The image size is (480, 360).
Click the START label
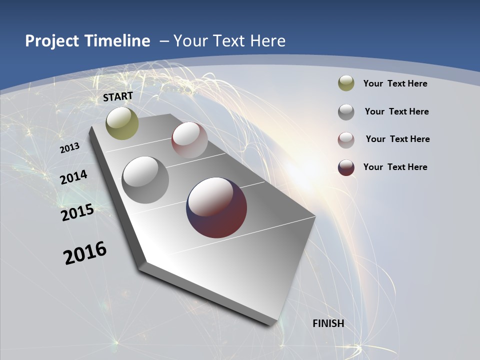point(118,96)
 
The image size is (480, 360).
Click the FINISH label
point(328,323)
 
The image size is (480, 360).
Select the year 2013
point(70,148)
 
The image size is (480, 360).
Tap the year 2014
point(74,177)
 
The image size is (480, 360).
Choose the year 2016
point(85,253)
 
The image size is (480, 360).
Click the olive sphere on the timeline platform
point(122,123)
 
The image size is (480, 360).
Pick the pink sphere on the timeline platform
point(189,140)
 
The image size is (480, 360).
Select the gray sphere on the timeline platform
point(145,179)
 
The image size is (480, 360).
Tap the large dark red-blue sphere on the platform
point(216,207)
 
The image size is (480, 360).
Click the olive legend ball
point(346,83)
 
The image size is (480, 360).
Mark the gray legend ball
point(346,112)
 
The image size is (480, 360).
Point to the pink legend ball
point(346,139)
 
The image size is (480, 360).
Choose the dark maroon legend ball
point(346,167)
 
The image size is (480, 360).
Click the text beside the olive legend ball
point(395,83)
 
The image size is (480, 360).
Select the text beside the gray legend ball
point(396,111)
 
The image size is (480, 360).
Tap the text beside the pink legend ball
point(397,139)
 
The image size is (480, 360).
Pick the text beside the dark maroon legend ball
point(395,167)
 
